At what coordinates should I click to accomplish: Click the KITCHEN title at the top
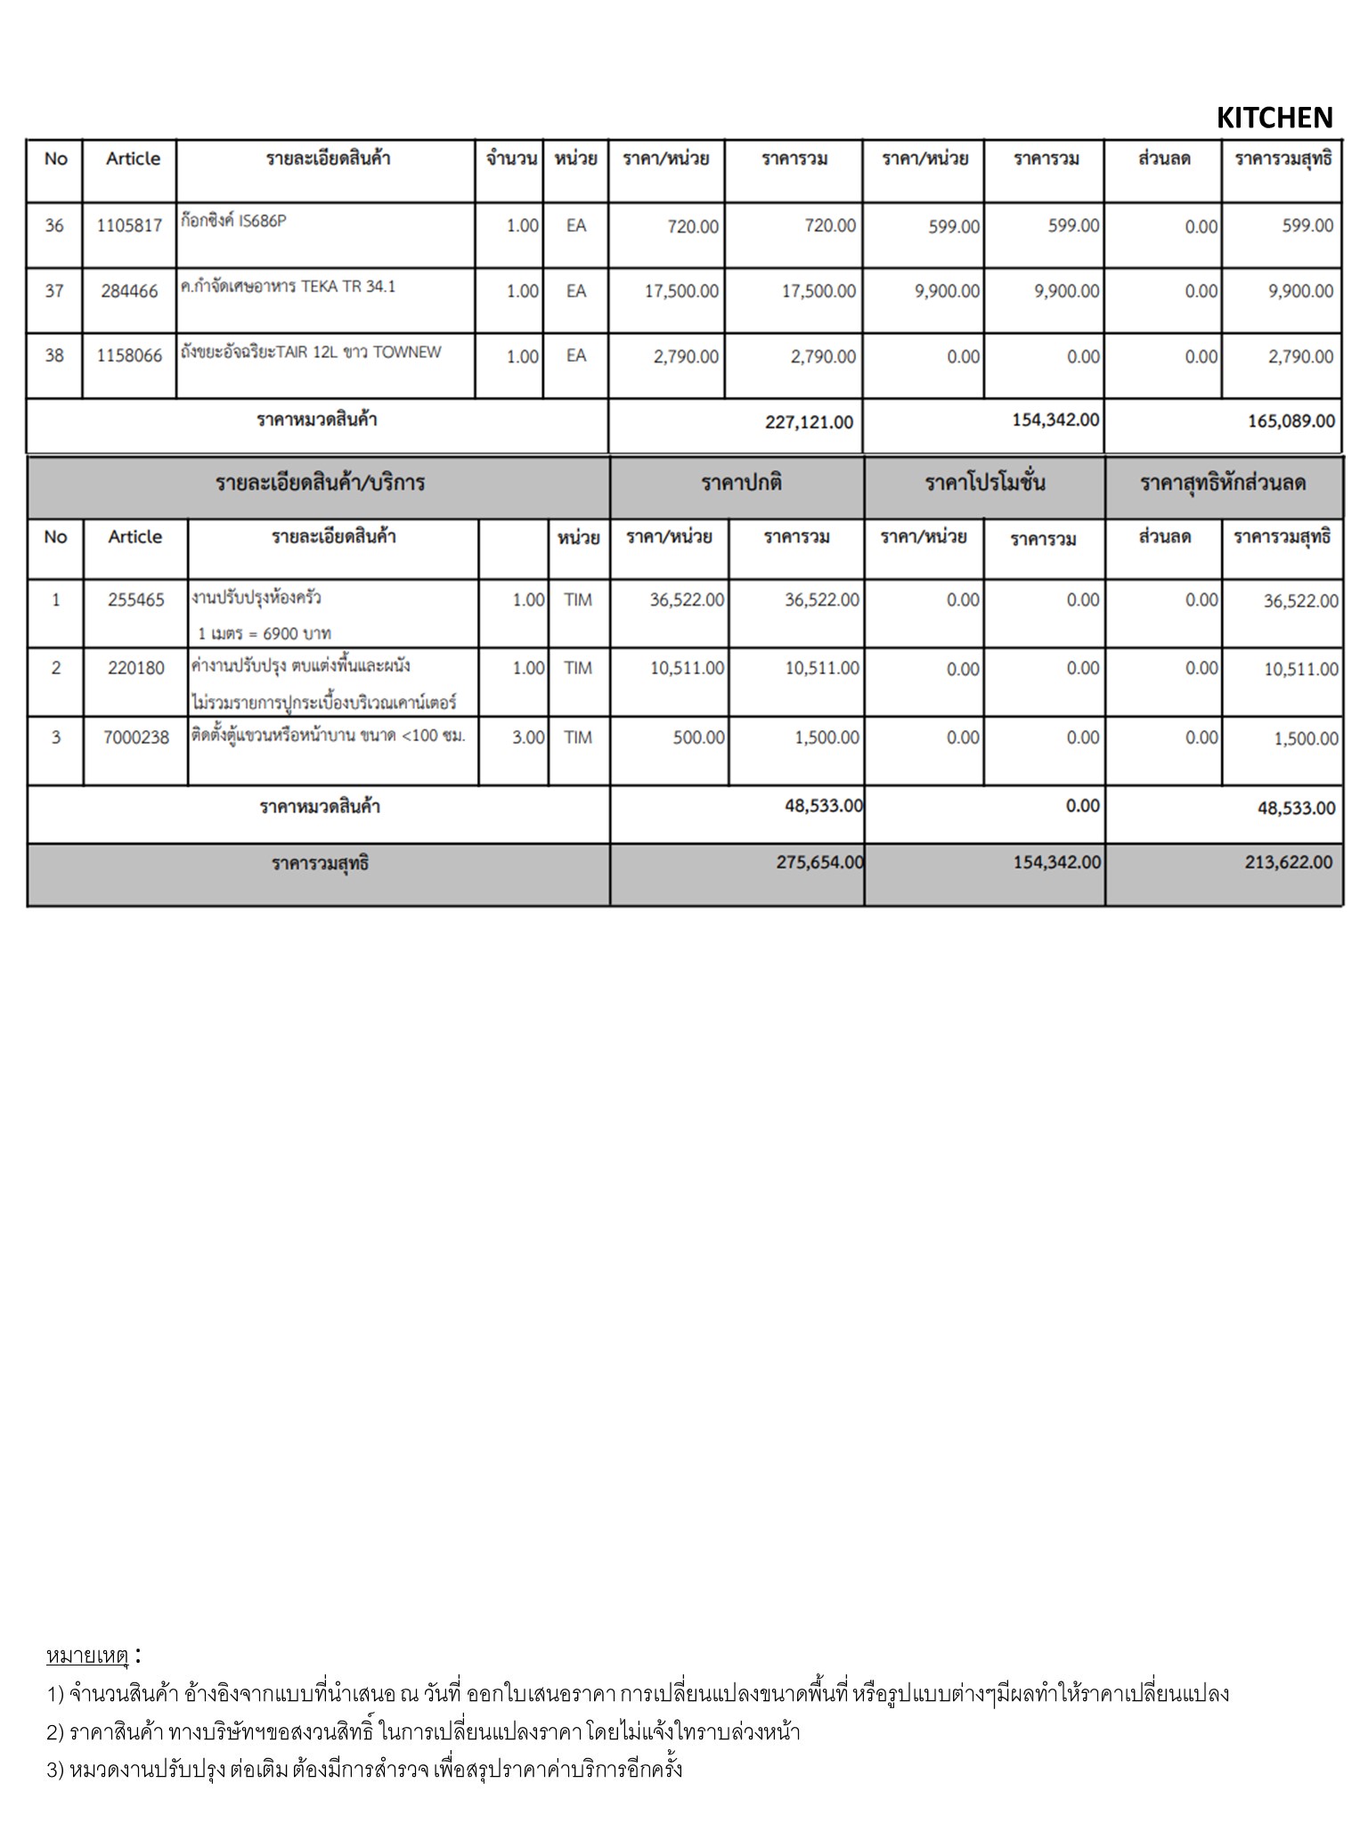click(1274, 118)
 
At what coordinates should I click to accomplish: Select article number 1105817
click(129, 225)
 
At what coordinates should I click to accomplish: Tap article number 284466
click(129, 291)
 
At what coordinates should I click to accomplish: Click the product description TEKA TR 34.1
click(288, 287)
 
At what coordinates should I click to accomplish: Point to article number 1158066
click(129, 356)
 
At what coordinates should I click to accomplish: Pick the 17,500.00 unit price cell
click(681, 291)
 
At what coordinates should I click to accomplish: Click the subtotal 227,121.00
click(809, 422)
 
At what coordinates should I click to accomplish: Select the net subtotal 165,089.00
click(1291, 421)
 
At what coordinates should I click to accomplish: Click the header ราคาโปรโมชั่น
click(984, 484)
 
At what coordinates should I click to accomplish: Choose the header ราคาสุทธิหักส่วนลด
click(1223, 484)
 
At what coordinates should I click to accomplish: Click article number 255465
click(136, 600)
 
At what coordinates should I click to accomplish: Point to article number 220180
click(136, 668)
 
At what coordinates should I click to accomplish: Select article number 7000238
click(136, 737)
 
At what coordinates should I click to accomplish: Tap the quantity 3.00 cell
click(528, 737)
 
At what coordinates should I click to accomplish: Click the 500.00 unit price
click(698, 737)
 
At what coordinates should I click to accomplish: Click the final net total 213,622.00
click(1289, 862)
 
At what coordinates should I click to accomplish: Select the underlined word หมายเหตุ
click(88, 1656)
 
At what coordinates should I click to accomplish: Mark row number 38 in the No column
click(54, 356)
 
